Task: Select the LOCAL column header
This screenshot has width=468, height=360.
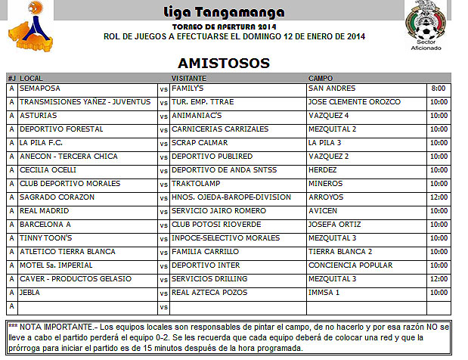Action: click(x=31, y=78)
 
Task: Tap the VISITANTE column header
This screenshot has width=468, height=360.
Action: click(x=189, y=78)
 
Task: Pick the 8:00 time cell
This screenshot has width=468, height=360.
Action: click(x=439, y=88)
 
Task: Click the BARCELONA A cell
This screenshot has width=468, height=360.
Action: click(x=45, y=225)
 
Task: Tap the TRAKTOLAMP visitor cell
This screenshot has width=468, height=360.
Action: click(x=197, y=184)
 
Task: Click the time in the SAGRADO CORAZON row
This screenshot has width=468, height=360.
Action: click(x=439, y=197)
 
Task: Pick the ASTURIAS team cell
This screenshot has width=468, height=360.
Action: click(x=38, y=116)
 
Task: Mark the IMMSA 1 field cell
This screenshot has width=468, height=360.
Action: click(x=324, y=293)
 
